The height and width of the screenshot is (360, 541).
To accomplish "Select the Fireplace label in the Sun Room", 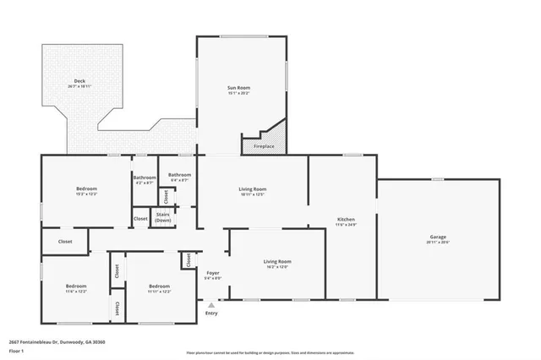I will [264, 146].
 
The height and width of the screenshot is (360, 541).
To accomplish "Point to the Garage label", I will [437, 237].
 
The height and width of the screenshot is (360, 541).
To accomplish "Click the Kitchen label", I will [346, 219].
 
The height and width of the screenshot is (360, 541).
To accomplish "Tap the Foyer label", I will [213, 273].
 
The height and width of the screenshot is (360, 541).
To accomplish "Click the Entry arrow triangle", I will [211, 307].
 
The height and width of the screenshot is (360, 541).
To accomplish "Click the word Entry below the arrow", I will [211, 314].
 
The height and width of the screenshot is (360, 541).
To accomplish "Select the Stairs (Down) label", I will [164, 216].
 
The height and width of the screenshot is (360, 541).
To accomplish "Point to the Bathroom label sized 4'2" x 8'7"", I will [144, 177].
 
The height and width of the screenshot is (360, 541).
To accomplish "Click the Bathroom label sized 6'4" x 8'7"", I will [179, 175].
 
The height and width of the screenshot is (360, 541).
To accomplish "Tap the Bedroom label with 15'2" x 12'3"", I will [87, 188].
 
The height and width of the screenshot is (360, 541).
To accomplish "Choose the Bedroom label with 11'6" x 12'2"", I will [76, 286].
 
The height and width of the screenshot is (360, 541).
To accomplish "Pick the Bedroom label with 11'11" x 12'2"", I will [160, 286].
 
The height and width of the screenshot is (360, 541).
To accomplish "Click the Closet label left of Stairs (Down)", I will [140, 219].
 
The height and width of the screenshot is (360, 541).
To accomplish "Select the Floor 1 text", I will [15, 350].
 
